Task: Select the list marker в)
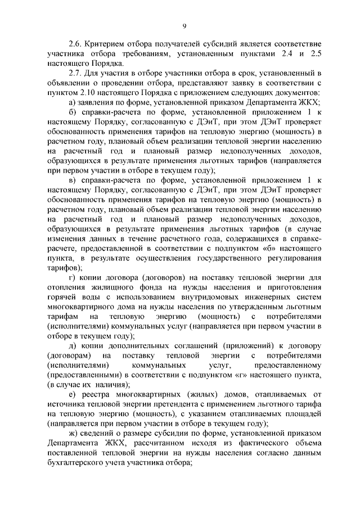click(x=71, y=180)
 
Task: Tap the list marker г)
click(x=71, y=277)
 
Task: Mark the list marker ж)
click(x=72, y=434)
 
